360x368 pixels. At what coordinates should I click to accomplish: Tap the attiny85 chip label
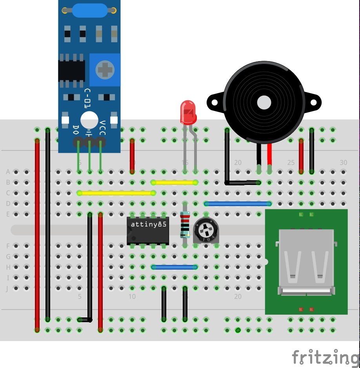(x=148, y=225)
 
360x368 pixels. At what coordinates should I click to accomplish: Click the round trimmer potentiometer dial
(x=205, y=230)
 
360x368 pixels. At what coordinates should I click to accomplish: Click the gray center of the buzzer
(x=264, y=103)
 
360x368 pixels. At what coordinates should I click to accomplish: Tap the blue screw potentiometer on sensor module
(x=105, y=70)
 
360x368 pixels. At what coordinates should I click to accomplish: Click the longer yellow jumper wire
(x=116, y=193)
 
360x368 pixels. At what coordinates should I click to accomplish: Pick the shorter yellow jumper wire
(x=174, y=182)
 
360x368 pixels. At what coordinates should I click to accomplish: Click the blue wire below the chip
(x=174, y=267)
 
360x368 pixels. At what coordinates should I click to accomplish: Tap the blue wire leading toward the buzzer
(x=238, y=203)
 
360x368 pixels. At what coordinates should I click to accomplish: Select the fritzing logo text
(x=325, y=357)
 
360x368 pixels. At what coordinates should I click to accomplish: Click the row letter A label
(x=8, y=172)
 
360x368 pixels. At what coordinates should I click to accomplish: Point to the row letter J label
(x=8, y=288)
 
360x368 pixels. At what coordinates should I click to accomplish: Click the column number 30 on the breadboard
(x=343, y=163)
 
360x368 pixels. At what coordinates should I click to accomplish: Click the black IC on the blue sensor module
(x=71, y=71)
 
